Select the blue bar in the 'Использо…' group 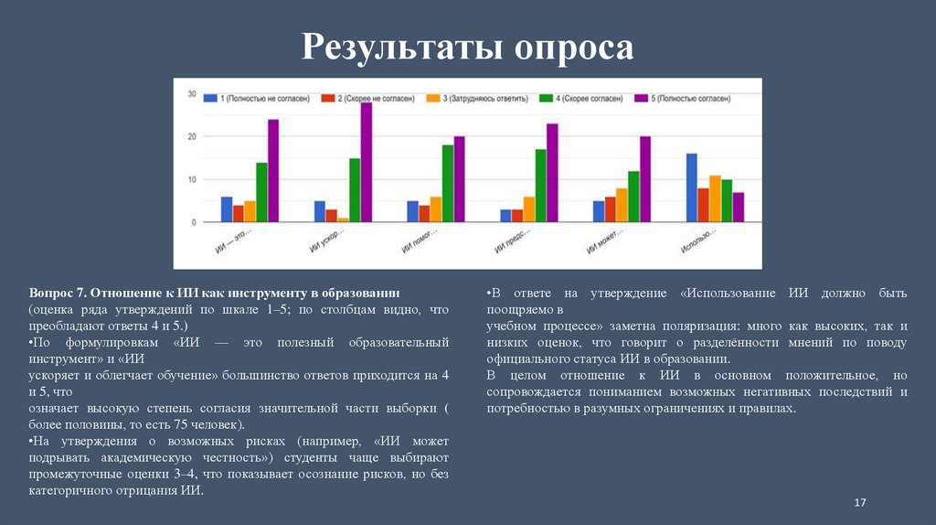692,187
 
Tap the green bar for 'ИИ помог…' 448,183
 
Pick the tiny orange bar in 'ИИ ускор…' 343,220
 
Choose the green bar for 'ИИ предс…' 540,186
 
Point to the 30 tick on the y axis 192,94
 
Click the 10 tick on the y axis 192,180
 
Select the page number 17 859,504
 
